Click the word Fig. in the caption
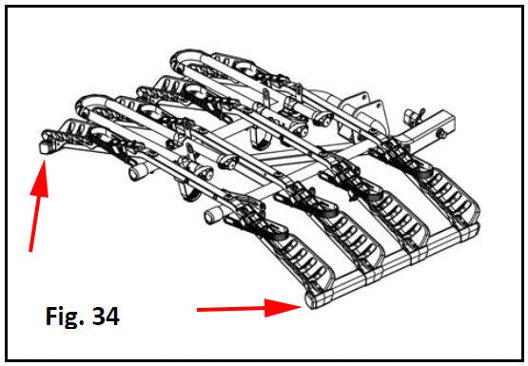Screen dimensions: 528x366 [65, 317]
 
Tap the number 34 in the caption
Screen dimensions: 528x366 [106, 317]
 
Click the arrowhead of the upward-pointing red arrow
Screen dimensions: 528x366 [40, 179]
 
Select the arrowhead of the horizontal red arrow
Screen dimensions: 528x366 [283, 307]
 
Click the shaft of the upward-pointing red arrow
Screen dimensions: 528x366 [34, 223]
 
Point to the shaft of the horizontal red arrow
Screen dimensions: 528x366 [231, 309]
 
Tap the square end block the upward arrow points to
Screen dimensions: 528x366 [45, 147]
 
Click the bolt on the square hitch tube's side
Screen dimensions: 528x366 [441, 134]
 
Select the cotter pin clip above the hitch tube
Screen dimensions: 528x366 [414, 114]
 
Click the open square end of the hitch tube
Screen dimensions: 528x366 [451, 121]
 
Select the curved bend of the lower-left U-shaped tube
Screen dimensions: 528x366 [86, 104]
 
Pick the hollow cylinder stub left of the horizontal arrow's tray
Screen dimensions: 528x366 [213, 214]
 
